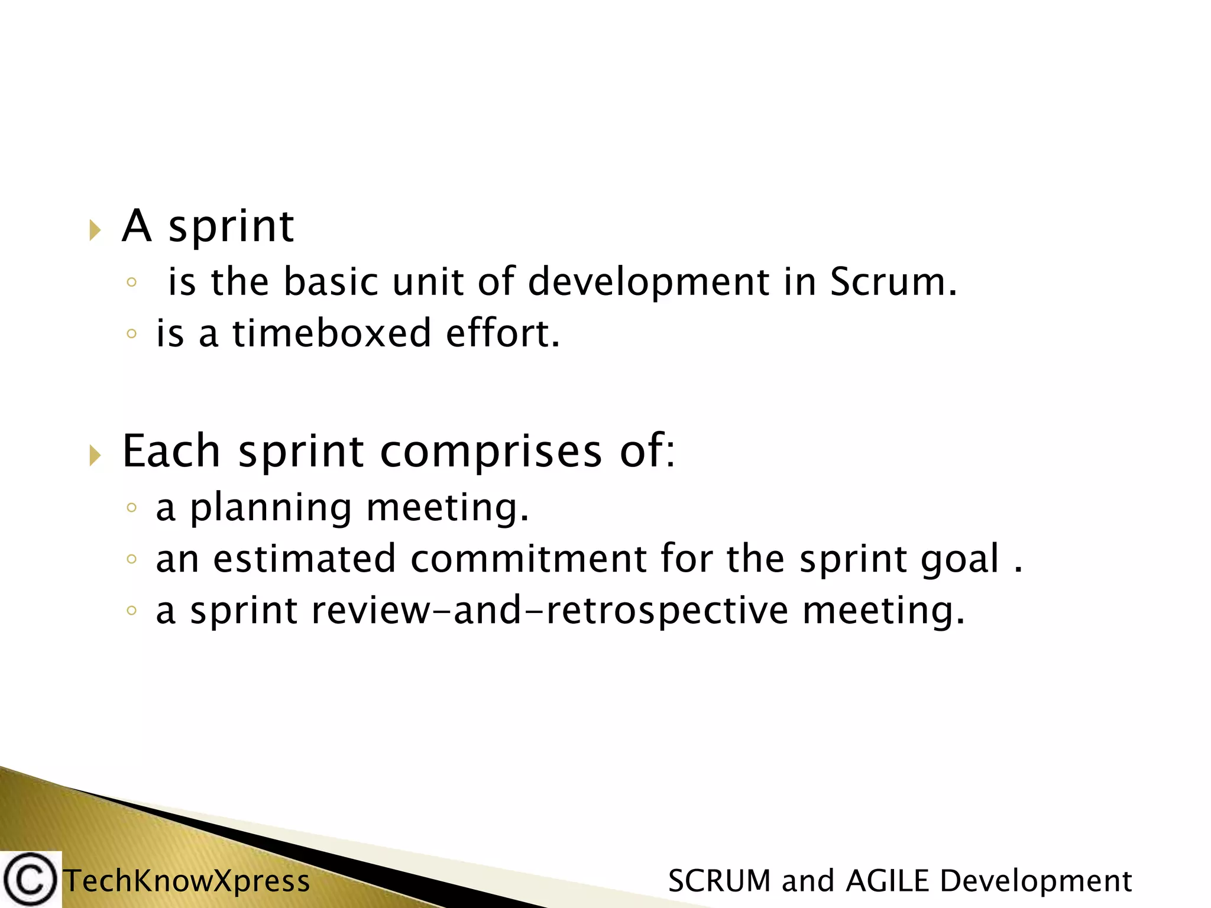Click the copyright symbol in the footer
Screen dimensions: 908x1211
(30, 880)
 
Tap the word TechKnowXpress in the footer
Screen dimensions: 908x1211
(187, 881)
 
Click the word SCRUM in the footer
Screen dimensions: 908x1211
(719, 881)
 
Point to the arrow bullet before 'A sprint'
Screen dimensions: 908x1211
(95, 230)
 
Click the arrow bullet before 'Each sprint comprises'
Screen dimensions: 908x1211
(95, 455)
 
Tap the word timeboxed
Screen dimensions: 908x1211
(331, 333)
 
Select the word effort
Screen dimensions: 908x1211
(502, 333)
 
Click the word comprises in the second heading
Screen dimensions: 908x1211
(491, 452)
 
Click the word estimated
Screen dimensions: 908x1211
(304, 559)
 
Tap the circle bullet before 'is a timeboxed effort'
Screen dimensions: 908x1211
(131, 334)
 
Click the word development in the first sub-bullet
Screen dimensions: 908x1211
(649, 283)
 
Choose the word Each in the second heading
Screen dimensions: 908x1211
(171, 452)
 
